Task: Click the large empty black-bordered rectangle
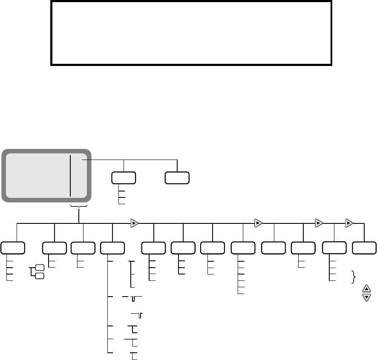coord(191,33)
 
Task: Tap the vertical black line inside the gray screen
coord(70,175)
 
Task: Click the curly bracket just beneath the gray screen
coord(79,206)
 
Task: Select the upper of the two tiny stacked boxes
coord(39,268)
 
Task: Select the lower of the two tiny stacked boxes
coord(39,277)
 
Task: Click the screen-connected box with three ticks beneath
coord(124,178)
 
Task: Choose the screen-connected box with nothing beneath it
coord(177,178)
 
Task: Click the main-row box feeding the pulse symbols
coord(112,248)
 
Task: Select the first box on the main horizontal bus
coord(12,248)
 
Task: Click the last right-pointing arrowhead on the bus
coord(349,222)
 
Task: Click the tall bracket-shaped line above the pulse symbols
coord(132,274)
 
